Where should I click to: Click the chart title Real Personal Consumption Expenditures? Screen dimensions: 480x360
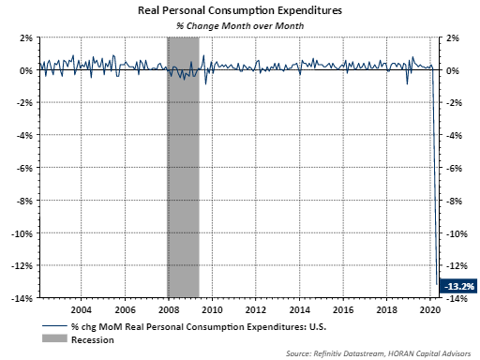point(240,11)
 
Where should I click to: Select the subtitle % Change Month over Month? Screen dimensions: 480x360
point(240,26)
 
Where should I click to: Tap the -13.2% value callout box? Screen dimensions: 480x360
point(458,286)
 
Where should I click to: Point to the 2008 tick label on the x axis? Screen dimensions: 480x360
point(169,309)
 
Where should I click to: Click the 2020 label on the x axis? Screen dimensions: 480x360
point(430,309)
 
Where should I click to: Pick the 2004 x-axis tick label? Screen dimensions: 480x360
point(82,309)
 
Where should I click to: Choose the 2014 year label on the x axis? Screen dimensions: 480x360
point(299,309)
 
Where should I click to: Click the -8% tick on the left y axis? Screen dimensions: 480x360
point(24,201)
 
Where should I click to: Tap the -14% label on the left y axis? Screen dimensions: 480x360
point(22,298)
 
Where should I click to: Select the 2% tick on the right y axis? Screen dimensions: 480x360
point(453,38)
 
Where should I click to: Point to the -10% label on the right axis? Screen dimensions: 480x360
point(457,233)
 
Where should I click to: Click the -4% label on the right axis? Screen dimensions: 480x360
point(454,136)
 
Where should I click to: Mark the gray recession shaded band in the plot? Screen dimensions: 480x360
point(183,167)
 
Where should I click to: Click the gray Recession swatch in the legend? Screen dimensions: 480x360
point(54,338)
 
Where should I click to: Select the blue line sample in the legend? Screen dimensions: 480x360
point(54,326)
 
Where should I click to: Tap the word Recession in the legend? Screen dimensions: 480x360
point(93,340)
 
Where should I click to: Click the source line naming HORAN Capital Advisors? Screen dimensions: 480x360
point(378,353)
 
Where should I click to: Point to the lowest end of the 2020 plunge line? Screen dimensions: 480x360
point(437,284)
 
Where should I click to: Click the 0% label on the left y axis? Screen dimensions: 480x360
point(26,71)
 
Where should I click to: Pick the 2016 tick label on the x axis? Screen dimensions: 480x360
point(343,309)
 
